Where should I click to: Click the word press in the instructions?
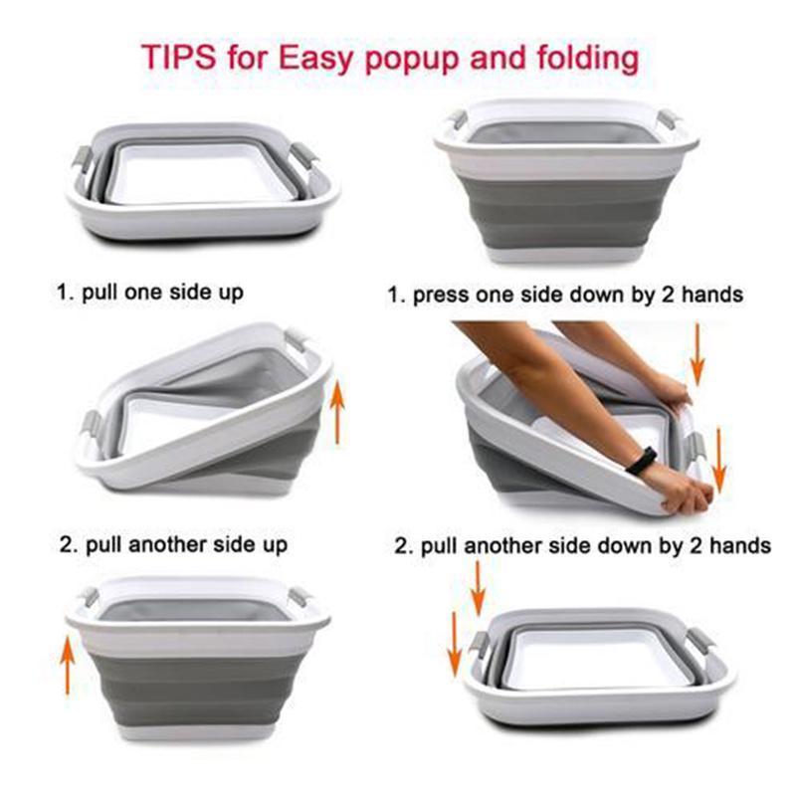click(x=442, y=296)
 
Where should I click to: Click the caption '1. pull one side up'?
click(x=148, y=294)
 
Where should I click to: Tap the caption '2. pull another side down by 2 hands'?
click(x=583, y=545)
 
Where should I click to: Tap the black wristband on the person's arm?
click(x=644, y=460)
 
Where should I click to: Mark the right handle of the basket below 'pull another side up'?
click(x=298, y=599)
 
